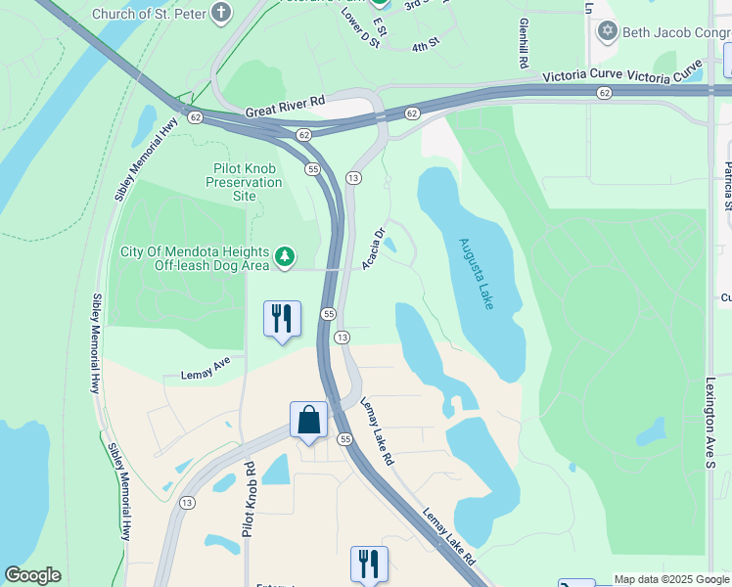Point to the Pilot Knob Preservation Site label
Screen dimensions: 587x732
coord(245,182)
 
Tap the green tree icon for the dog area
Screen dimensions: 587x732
coord(285,256)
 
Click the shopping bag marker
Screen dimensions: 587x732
coord(308,420)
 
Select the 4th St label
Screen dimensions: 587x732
coord(425,46)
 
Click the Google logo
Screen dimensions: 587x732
coord(32,575)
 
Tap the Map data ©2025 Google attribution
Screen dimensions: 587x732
coord(670,579)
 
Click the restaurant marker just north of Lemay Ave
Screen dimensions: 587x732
coord(282,319)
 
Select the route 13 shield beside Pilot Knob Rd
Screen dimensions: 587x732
coord(187,503)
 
